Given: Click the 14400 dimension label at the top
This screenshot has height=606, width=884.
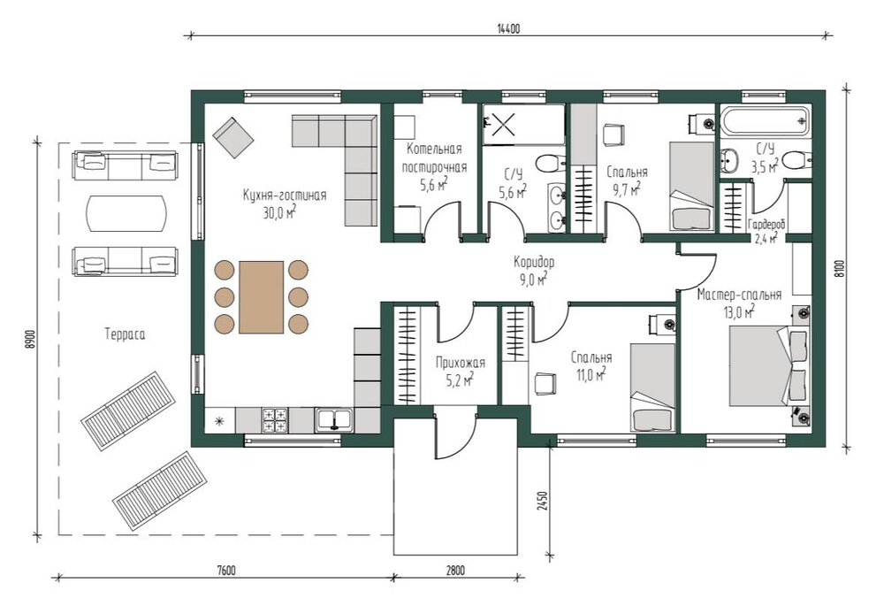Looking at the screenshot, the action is [508, 29].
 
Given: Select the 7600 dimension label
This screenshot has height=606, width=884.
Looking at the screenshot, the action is [225, 571].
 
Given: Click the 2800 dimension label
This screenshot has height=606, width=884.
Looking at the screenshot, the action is [455, 571].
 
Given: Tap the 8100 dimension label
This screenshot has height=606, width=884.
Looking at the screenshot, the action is [840, 269].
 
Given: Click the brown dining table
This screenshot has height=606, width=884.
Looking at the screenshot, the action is [261, 296].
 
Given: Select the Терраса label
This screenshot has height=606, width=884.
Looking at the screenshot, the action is [125, 334].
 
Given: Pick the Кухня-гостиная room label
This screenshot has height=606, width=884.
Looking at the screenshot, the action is [285, 196].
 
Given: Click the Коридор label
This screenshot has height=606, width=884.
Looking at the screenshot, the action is [534, 263].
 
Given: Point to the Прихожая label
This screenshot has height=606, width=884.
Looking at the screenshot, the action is [460, 364].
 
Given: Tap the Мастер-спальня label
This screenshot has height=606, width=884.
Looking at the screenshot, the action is [739, 295].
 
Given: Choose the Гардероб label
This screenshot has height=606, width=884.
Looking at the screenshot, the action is [766, 224].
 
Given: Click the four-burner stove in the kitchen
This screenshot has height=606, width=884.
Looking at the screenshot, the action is [276, 420].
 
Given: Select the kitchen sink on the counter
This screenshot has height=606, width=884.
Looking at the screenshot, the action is [334, 420].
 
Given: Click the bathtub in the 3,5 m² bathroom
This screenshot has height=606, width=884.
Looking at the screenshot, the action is [765, 120].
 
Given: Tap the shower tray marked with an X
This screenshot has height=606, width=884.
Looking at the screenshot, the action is [502, 124].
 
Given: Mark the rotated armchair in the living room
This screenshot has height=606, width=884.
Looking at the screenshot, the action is [232, 137].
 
